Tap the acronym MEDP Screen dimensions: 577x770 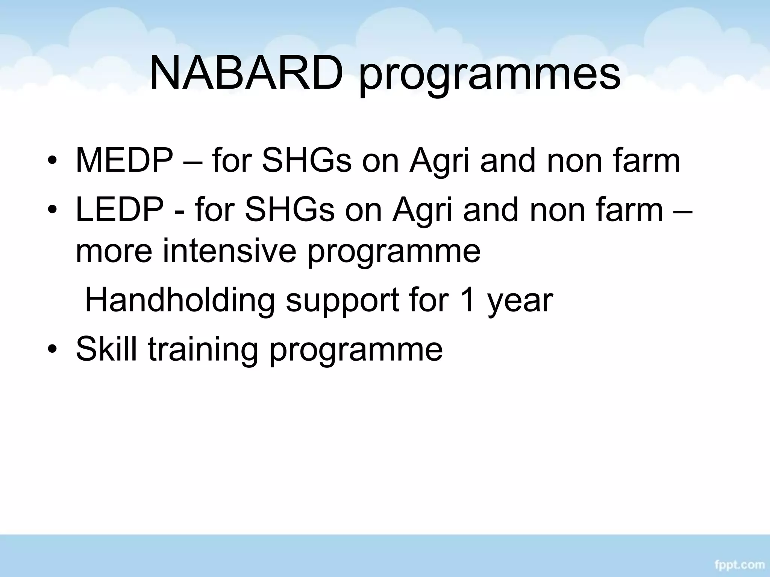[x=124, y=161]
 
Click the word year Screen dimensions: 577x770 [x=521, y=302]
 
